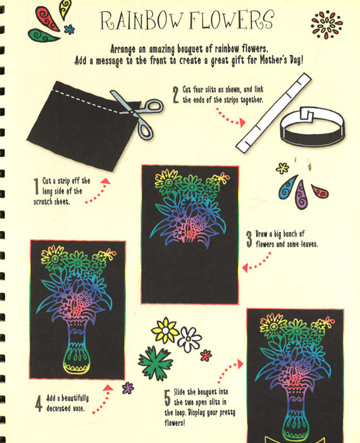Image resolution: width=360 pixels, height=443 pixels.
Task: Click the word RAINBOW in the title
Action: tap(141, 20)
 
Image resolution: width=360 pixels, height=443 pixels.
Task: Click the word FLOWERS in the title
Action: tap(232, 20)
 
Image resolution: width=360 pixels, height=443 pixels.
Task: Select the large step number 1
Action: tap(36, 186)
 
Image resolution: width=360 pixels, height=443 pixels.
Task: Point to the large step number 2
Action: tap(176, 95)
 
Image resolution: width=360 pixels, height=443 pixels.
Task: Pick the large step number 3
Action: tap(249, 239)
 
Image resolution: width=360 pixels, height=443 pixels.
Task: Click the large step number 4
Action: tap(39, 403)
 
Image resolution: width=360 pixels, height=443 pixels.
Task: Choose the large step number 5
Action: tap(168, 397)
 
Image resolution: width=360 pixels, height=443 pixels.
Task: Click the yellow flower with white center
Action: tap(165, 330)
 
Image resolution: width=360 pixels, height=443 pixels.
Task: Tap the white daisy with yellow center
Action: tap(189, 340)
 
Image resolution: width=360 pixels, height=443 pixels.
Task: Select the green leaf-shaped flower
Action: tap(156, 363)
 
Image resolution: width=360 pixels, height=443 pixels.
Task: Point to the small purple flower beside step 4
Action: tap(128, 388)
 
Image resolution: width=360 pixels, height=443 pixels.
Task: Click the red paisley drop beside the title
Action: tap(47, 18)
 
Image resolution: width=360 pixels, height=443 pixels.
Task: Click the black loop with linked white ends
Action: tap(313, 127)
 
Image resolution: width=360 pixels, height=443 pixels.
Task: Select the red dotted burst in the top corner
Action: tap(326, 25)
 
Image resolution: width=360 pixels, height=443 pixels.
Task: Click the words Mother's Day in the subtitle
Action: tap(281, 60)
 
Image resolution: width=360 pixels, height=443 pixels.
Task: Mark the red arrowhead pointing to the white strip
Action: tap(242, 123)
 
